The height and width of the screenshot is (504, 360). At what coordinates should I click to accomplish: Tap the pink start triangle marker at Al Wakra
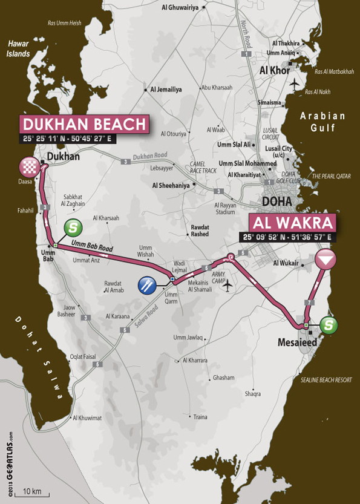(x=326, y=260)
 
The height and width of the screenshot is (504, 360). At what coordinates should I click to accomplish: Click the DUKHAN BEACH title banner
(x=84, y=125)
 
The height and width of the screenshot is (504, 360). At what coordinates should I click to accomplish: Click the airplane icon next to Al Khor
(x=295, y=82)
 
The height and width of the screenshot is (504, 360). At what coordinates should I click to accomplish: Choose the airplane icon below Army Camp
(x=227, y=286)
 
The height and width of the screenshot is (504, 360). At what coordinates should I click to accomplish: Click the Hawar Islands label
(x=18, y=48)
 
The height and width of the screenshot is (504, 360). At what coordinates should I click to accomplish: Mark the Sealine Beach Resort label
(x=326, y=380)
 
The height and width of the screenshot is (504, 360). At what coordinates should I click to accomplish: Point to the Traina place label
(x=200, y=417)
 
